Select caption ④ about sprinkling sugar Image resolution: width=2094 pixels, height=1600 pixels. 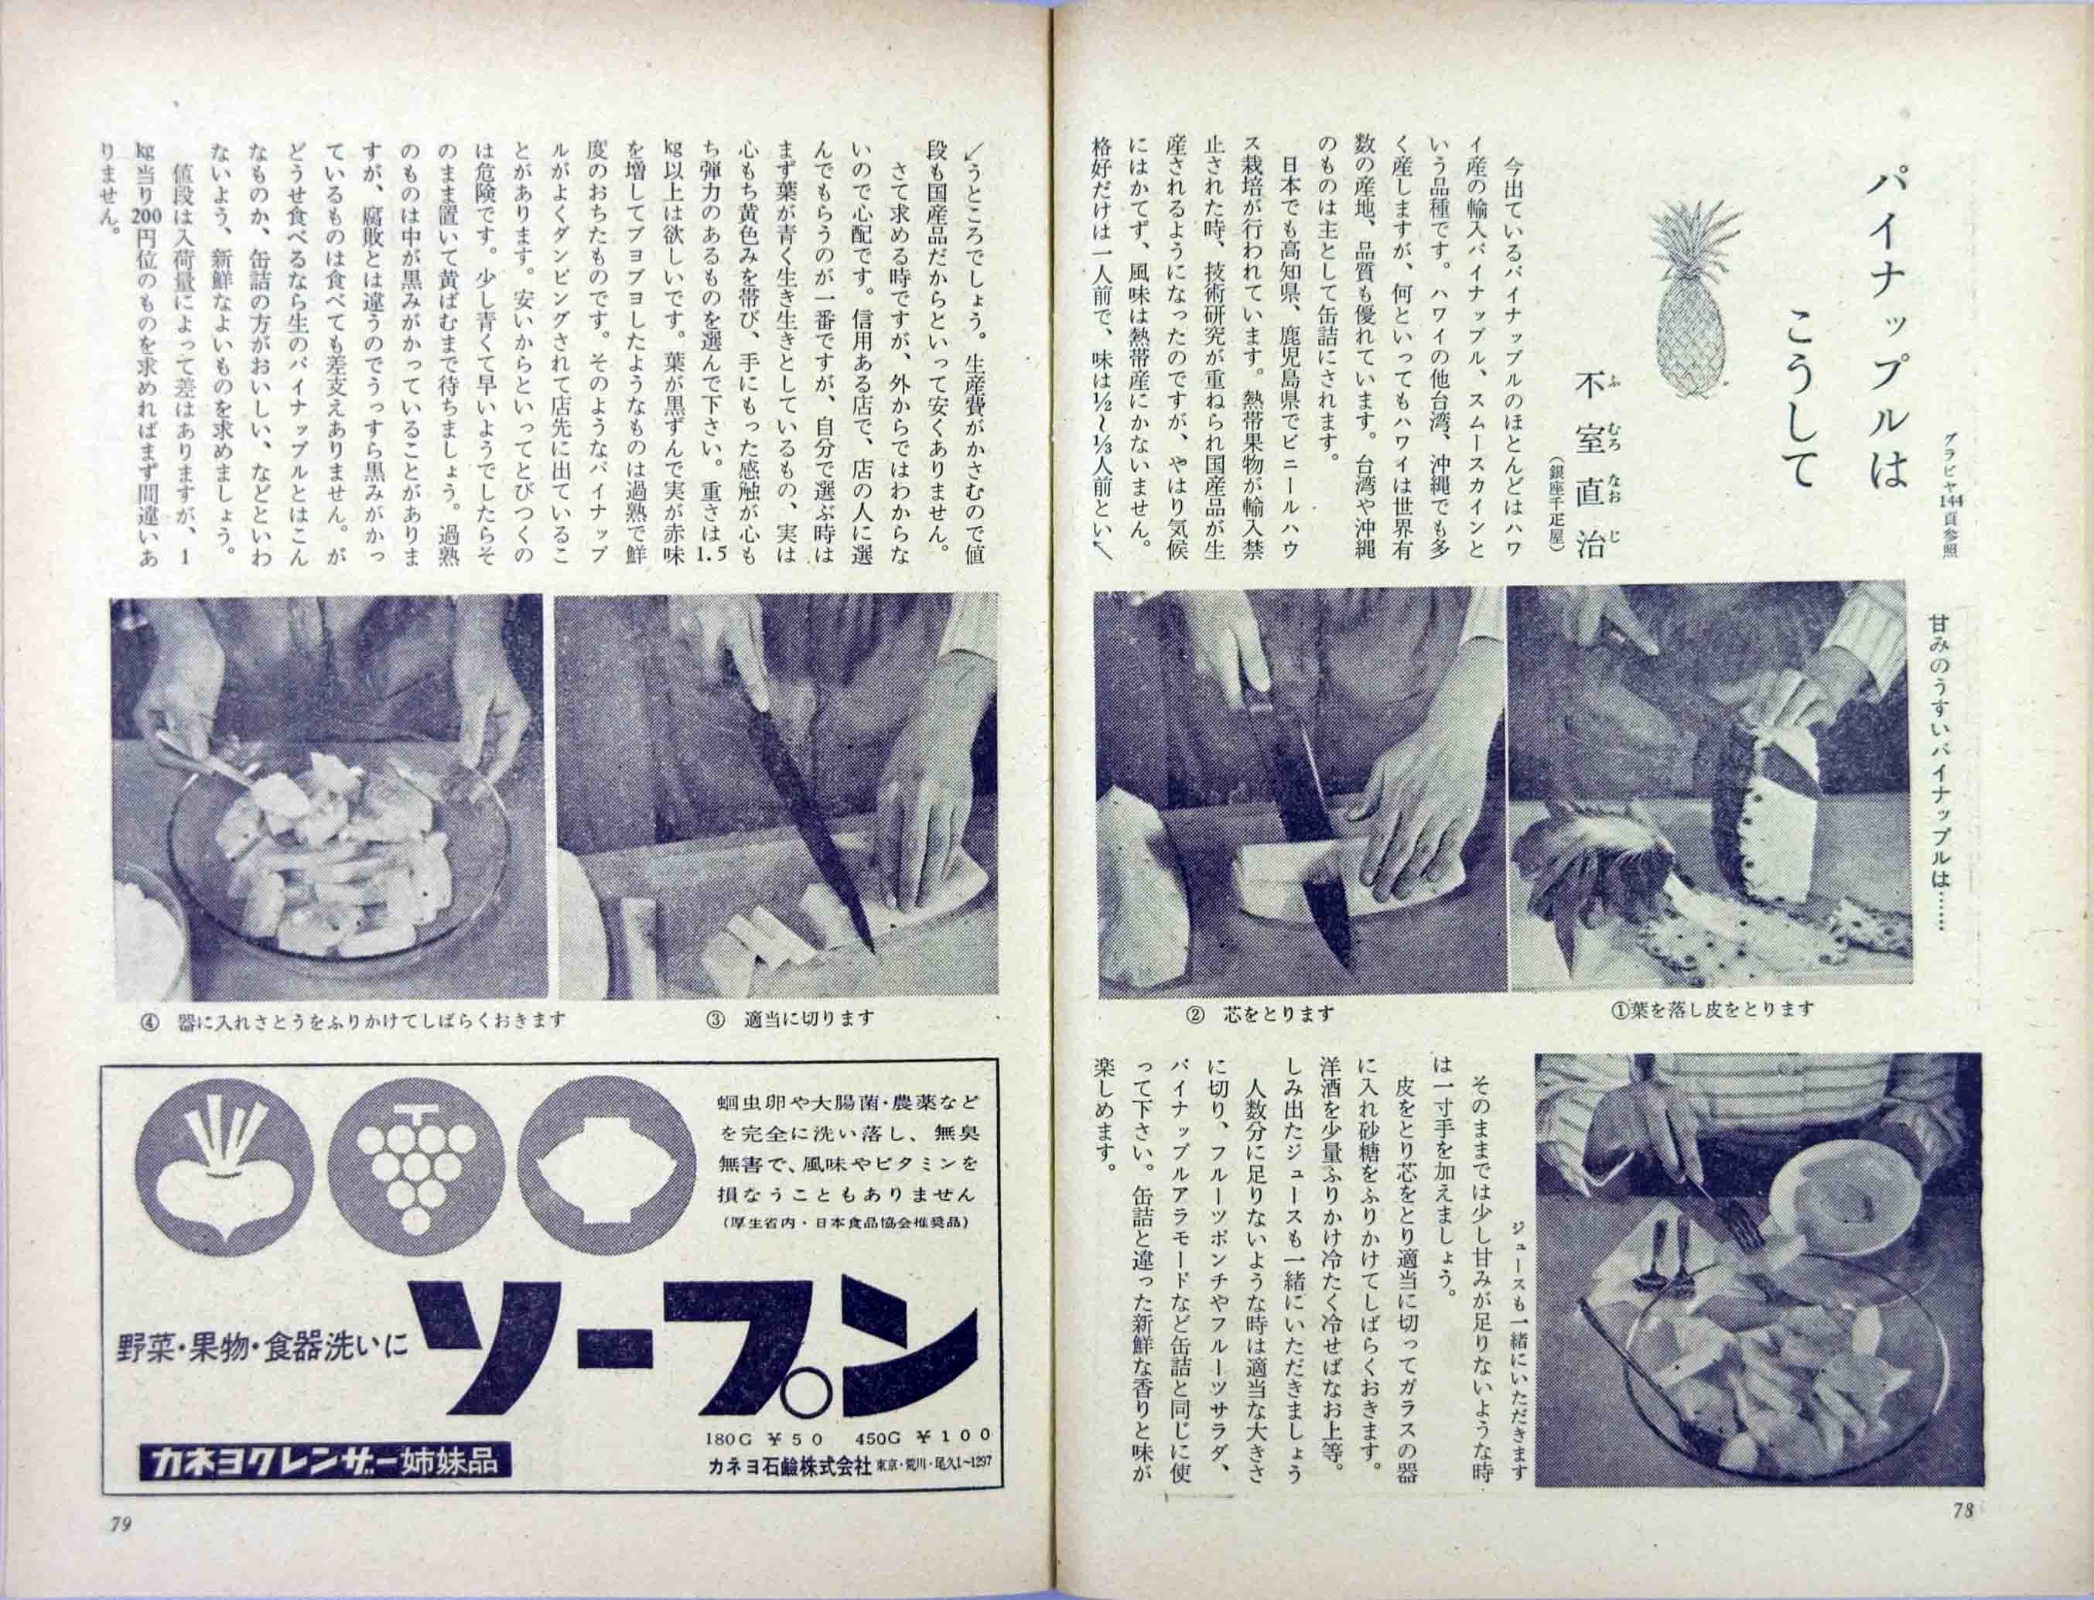click(351, 1020)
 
